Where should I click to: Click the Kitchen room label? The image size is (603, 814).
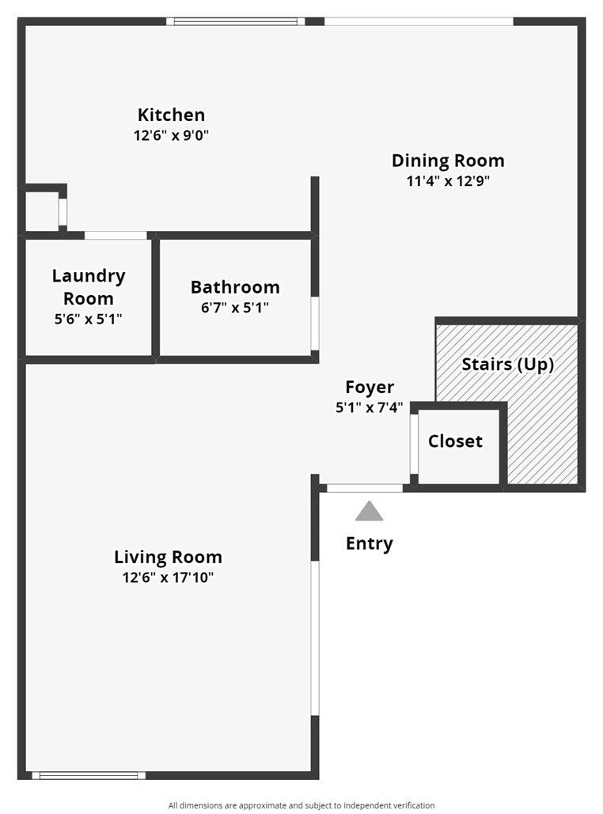[171, 115]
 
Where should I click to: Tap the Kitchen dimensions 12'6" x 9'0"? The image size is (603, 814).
[171, 135]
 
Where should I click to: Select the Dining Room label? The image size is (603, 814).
[448, 161]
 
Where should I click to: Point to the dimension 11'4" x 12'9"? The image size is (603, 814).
[448, 181]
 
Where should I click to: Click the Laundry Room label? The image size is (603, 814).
[89, 287]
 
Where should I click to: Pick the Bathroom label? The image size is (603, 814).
[235, 287]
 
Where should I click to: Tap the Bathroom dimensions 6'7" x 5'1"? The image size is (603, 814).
[235, 308]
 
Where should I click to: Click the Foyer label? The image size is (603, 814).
[370, 388]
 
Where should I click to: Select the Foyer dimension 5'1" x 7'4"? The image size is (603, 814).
[370, 408]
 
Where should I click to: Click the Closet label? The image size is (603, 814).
[455, 441]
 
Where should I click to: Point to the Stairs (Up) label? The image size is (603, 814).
[507, 365]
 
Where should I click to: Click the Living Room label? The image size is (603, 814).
[168, 557]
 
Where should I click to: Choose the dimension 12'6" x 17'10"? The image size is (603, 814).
[168, 577]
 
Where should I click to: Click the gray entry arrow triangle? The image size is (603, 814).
[369, 512]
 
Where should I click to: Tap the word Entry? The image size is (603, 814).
[369, 544]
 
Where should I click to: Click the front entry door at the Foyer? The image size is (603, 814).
[365, 488]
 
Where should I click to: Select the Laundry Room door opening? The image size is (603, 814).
[116, 235]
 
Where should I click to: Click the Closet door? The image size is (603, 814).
[414, 444]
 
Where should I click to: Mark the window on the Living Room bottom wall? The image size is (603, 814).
[88, 775]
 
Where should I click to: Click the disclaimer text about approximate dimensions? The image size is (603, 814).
[301, 805]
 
